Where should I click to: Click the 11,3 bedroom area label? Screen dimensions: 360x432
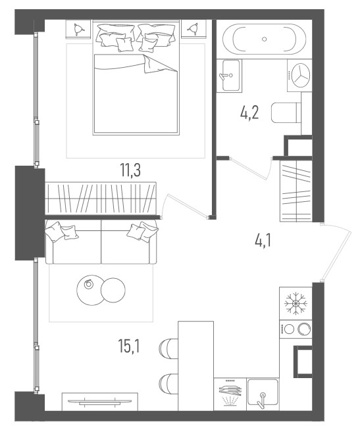point(130,170)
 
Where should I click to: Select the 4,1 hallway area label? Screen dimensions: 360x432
point(263,241)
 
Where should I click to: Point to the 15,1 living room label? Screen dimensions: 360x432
point(129,346)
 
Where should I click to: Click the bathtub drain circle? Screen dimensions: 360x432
point(265,39)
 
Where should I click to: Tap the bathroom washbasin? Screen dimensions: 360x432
point(229,76)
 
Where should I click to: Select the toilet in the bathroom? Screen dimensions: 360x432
point(286,112)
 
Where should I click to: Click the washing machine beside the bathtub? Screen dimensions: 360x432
point(299,75)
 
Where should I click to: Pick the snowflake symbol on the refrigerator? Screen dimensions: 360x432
point(296,303)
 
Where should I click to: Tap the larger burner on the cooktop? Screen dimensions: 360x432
point(304,329)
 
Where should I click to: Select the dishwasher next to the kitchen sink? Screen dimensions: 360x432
point(230,395)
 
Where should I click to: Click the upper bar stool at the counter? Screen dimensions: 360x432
point(169,349)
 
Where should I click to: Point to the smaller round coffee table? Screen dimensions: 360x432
point(113,290)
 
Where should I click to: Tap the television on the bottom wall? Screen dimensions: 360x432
point(100,402)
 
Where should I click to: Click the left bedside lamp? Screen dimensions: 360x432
point(78,29)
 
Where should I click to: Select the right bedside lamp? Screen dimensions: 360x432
point(193,29)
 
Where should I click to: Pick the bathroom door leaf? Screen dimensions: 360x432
point(247,169)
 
